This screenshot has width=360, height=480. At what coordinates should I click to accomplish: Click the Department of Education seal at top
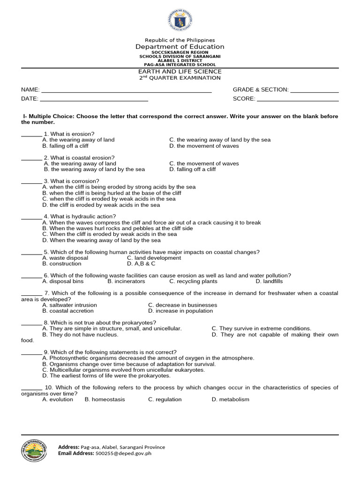(180, 21)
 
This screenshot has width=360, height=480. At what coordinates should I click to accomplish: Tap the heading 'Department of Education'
(180, 46)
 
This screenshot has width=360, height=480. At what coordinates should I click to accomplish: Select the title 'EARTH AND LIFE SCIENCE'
(180, 71)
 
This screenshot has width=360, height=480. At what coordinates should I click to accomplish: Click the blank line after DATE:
(94, 99)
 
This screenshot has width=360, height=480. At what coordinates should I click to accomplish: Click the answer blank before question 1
(31, 134)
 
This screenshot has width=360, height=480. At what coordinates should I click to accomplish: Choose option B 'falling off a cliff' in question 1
(65, 146)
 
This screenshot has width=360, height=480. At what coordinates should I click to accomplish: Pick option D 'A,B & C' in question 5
(144, 264)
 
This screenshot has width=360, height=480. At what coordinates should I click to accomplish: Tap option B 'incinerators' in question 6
(126, 282)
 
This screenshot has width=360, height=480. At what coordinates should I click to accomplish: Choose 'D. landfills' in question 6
(269, 282)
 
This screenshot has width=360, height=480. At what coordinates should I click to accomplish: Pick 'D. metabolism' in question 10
(230, 399)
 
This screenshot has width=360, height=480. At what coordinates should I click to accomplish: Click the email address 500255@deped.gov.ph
(123, 454)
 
